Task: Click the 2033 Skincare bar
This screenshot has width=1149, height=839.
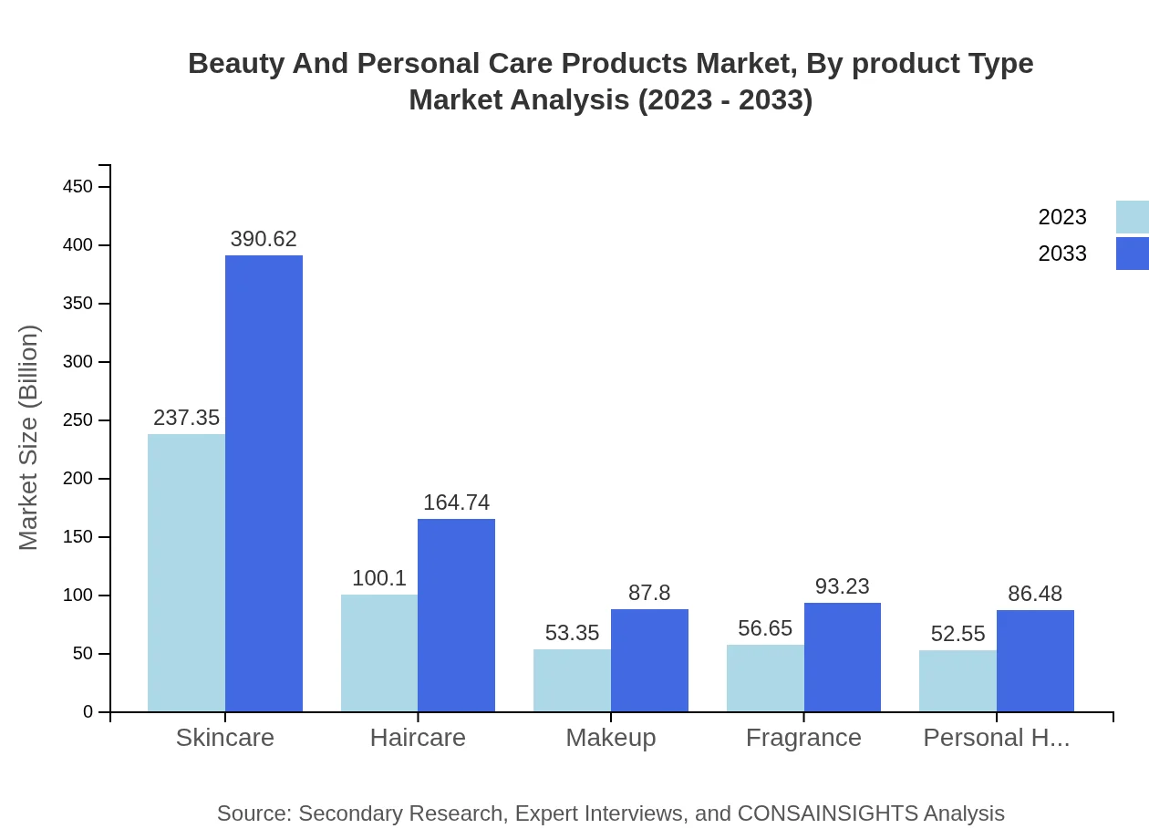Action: (x=264, y=483)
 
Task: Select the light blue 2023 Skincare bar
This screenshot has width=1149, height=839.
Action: (x=186, y=573)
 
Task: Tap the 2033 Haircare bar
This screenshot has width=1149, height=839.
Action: (x=456, y=616)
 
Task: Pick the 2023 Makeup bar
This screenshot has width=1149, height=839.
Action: (x=572, y=680)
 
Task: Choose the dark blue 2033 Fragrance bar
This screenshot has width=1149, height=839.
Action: (x=843, y=658)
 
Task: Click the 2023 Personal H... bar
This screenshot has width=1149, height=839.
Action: (x=957, y=681)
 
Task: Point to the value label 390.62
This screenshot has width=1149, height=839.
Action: (x=264, y=239)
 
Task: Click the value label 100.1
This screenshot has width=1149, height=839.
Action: (x=379, y=578)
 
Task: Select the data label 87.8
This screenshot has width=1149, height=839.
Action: (x=649, y=593)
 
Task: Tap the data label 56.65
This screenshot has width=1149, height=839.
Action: (x=765, y=628)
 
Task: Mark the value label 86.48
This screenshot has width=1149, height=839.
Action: (x=1035, y=594)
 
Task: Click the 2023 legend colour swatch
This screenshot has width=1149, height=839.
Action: (x=1132, y=217)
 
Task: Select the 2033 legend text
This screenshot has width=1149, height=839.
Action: (x=1062, y=254)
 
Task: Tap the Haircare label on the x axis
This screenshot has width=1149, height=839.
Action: (x=418, y=738)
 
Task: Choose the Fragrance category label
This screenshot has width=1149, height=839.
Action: (x=803, y=738)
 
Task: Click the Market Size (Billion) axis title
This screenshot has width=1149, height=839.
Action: (x=29, y=438)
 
